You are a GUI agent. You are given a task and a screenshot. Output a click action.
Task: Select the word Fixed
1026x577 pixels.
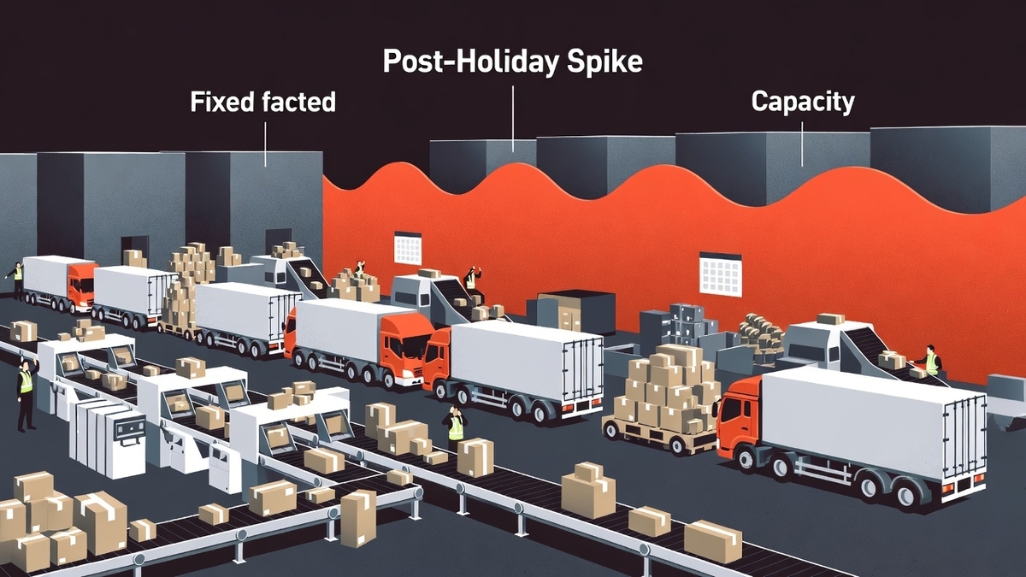pyautogui.click(x=222, y=102)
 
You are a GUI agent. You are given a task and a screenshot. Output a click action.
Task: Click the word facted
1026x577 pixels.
pyautogui.click(x=299, y=102)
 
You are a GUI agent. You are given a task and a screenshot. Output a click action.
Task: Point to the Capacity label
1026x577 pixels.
pyautogui.click(x=803, y=102)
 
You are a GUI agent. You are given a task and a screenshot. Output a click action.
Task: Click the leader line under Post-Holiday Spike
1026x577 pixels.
pyautogui.click(x=512, y=119)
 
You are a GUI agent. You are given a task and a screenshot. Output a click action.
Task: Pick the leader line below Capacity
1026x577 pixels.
pyautogui.click(x=802, y=144)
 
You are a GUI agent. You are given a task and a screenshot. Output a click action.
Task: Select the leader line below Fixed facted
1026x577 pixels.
pyautogui.click(x=265, y=144)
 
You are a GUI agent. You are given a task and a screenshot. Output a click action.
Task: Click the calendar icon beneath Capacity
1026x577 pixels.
pyautogui.click(x=721, y=274)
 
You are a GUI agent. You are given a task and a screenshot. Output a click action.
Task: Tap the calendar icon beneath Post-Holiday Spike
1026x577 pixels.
pyautogui.click(x=408, y=248)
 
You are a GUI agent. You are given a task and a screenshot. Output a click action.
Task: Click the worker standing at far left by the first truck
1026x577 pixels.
pyautogui.click(x=17, y=280)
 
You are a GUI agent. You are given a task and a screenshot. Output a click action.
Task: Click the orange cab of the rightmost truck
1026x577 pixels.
pyautogui.click(x=740, y=418)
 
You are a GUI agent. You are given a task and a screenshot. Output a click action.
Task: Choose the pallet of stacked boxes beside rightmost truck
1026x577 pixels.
pyautogui.click(x=664, y=398)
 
